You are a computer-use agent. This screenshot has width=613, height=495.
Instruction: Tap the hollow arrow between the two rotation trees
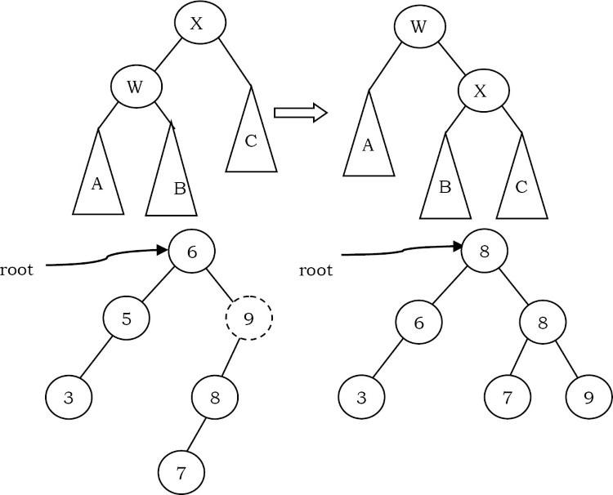pyautogui.click(x=300, y=111)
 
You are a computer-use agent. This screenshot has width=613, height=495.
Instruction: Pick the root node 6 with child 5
pyautogui.click(x=193, y=252)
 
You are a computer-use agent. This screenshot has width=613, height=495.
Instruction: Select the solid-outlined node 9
pyautogui.click(x=588, y=398)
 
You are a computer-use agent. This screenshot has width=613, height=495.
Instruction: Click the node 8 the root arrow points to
pyautogui.click(x=485, y=252)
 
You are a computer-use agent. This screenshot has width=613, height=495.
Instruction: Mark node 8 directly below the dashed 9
pyautogui.click(x=215, y=398)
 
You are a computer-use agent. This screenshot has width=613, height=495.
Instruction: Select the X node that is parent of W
pyautogui.click(x=196, y=24)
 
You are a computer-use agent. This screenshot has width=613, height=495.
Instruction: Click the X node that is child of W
pyautogui.click(x=481, y=91)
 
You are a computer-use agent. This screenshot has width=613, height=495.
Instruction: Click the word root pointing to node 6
pyautogui.click(x=17, y=269)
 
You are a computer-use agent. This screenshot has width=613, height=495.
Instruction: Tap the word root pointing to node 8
pyautogui.click(x=316, y=269)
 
